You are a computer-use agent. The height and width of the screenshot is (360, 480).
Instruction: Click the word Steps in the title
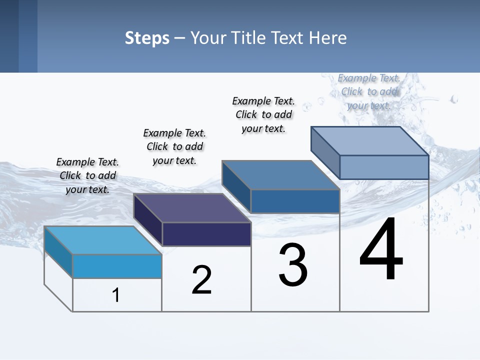[147, 38]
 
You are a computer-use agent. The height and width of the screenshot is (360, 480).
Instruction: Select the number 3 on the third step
[293, 265]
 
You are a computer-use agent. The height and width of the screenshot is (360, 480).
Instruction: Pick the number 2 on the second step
[201, 280]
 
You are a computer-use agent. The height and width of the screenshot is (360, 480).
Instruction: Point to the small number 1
[116, 295]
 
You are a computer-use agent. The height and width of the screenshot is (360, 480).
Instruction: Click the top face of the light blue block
[103, 240]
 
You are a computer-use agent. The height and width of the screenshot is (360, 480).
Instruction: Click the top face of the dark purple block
[192, 208]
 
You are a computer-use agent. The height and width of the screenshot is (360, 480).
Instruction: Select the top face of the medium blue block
[280, 175]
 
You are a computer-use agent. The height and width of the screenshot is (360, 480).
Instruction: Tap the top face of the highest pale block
[370, 141]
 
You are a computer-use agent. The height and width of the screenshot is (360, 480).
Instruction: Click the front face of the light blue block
[117, 266]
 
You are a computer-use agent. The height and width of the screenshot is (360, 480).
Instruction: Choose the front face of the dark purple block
[206, 234]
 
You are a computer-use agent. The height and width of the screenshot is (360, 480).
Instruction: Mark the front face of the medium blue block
[295, 201]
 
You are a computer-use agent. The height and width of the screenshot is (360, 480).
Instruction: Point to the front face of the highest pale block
[384, 167]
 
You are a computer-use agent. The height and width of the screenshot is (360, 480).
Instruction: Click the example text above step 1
[87, 175]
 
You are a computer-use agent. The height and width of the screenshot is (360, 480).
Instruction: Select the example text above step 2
[174, 146]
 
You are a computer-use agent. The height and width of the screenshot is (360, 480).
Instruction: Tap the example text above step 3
[263, 114]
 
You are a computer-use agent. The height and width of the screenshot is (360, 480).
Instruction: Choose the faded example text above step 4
[369, 91]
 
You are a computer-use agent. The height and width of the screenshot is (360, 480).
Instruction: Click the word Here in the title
[328, 38]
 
